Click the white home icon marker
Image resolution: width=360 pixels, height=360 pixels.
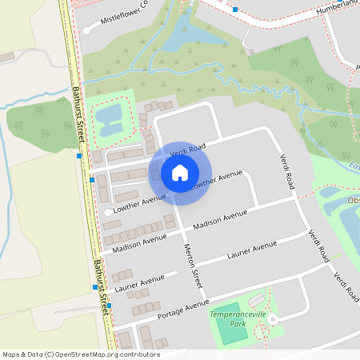click(x=180, y=172)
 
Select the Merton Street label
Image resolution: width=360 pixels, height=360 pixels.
click(x=193, y=266)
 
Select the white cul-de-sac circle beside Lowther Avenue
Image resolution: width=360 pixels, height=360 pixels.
click(x=109, y=211)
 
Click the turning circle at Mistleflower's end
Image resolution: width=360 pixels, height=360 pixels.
click(x=86, y=30)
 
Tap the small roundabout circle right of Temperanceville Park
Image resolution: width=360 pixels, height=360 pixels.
click(x=272, y=319)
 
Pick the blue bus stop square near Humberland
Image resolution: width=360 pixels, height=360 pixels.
click(x=235, y=10)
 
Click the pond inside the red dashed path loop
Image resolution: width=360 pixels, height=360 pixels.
click(x=109, y=118)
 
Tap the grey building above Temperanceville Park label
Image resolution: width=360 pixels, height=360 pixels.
click(x=255, y=301)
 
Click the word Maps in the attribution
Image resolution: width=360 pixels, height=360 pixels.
click(x=11, y=354)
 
